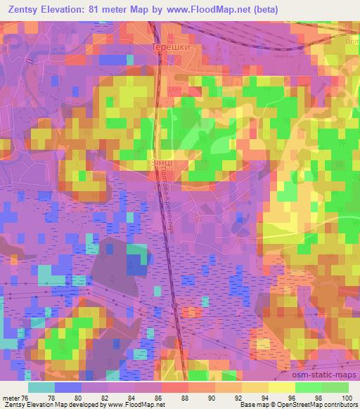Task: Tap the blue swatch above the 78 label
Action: [68, 387]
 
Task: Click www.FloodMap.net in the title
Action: [213, 10]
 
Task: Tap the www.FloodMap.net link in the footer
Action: [136, 405]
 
